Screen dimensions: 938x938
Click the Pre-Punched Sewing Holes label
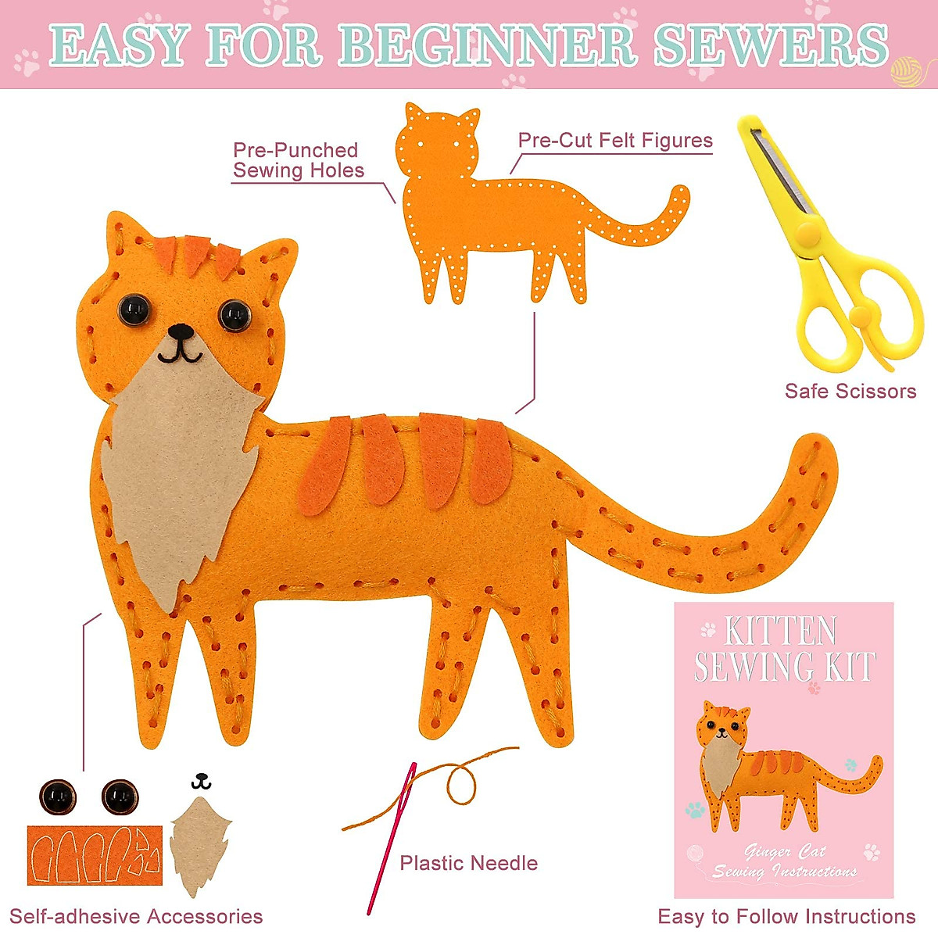[x=298, y=160]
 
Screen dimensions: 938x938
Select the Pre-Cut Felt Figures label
[x=615, y=141]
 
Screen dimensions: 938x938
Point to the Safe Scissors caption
[x=850, y=391]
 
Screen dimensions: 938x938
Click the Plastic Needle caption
[x=468, y=863]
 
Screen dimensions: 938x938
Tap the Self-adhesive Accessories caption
[x=136, y=916]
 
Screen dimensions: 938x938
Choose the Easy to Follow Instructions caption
[x=786, y=916]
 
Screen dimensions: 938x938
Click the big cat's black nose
[x=181, y=331]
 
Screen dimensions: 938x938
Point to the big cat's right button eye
[x=234, y=315]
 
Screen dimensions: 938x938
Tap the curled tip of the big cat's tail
[x=813, y=461]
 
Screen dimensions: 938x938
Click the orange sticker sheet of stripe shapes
[x=94, y=855]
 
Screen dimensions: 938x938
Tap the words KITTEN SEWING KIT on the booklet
[x=783, y=649]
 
